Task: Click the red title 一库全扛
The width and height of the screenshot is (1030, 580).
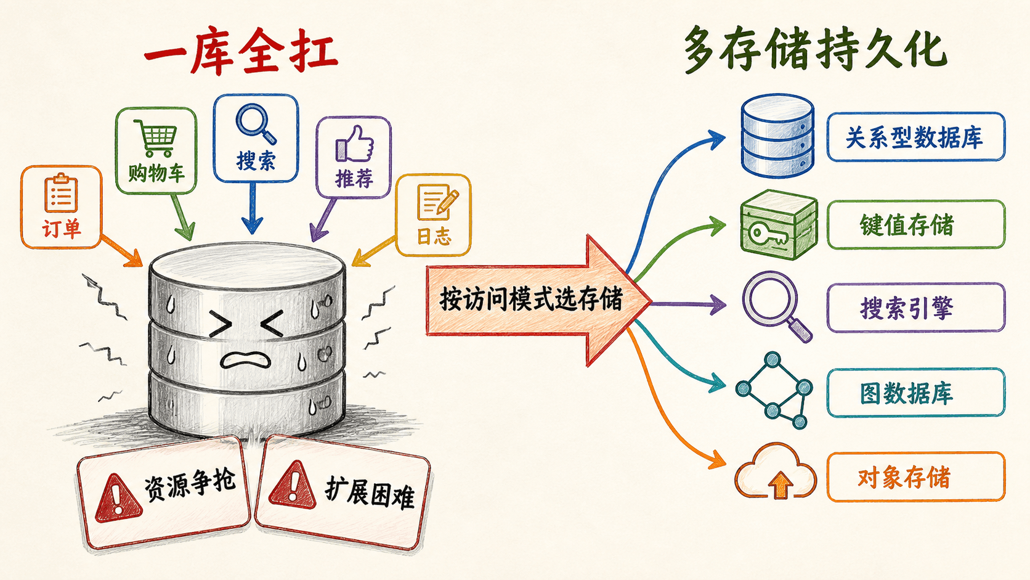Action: coord(241,52)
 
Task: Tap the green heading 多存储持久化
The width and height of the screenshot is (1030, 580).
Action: coord(815,50)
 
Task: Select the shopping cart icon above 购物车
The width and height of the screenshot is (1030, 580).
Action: coord(155,137)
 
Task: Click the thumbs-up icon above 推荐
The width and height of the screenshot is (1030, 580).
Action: coord(354,144)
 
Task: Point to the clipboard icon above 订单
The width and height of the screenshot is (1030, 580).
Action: coord(61,193)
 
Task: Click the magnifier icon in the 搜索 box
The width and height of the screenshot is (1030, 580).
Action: coord(256,123)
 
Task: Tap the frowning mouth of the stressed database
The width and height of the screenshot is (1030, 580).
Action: coord(246,359)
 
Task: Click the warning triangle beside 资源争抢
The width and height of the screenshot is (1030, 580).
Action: coord(118,498)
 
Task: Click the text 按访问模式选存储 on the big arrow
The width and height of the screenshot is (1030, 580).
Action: coord(531,300)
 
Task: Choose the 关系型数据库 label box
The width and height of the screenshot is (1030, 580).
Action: coord(915,137)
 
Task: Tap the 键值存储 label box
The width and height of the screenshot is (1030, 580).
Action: coord(915,224)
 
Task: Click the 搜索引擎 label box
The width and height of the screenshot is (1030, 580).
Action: coord(915,307)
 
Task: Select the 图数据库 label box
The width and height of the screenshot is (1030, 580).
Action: coord(915,393)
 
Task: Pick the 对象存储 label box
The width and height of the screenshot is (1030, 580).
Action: coord(915,477)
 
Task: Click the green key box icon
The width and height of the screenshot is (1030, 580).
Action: coord(779,224)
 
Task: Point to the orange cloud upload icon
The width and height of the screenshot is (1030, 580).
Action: coord(776,471)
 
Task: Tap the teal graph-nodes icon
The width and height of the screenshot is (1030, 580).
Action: coord(774,391)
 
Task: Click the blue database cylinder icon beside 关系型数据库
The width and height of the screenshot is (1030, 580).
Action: coord(777,136)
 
